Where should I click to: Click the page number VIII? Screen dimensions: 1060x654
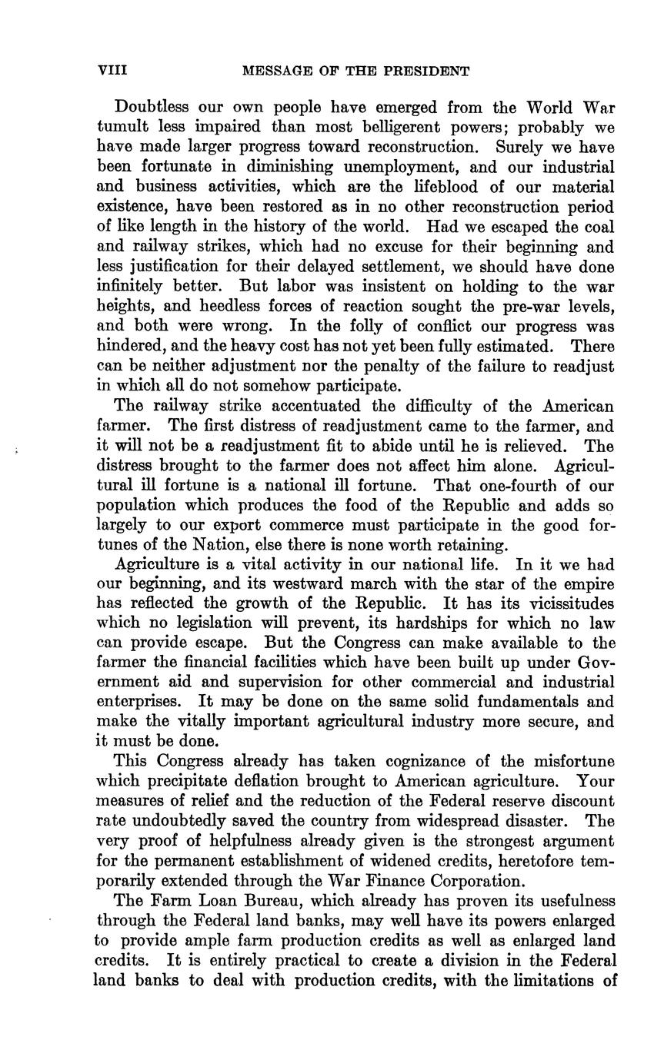(x=112, y=71)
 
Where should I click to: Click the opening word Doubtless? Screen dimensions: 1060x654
(x=150, y=107)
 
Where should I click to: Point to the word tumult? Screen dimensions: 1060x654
(x=120, y=127)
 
